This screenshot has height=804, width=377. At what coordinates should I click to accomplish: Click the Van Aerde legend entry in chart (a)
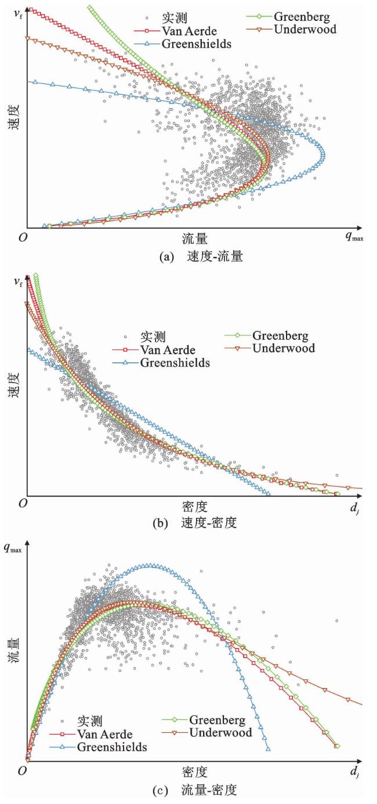click(177, 31)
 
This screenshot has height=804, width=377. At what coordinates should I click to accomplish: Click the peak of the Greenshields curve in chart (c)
click(150, 565)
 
